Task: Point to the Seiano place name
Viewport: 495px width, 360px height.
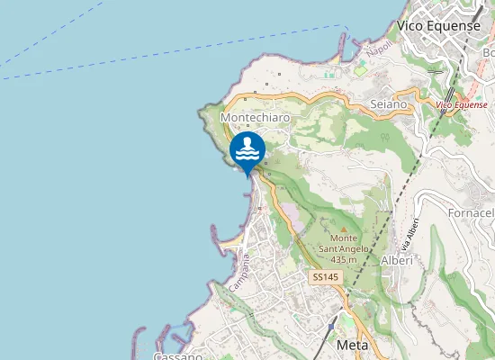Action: click(x=389, y=104)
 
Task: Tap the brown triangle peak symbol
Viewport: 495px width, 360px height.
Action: click(x=342, y=217)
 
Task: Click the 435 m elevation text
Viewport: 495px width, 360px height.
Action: click(x=344, y=259)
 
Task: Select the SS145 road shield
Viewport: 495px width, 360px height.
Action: click(x=325, y=277)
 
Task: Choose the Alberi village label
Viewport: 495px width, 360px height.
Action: click(x=397, y=260)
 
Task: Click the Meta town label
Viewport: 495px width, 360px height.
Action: click(x=353, y=345)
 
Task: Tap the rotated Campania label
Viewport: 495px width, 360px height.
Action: click(x=239, y=270)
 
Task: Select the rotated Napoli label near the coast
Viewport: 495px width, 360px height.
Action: click(x=380, y=47)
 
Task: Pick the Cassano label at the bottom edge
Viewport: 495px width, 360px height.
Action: click(x=171, y=355)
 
